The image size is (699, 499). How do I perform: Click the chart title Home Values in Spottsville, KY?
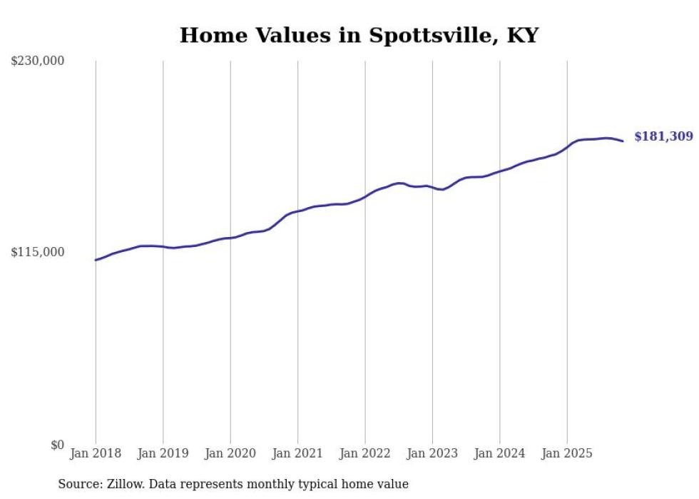[x=359, y=35]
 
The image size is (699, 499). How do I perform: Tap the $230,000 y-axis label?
[x=38, y=61]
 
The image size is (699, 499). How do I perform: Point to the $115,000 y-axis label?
[x=38, y=252]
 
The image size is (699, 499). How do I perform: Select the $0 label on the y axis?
[x=57, y=445]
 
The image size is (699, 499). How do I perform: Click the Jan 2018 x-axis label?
[x=96, y=453]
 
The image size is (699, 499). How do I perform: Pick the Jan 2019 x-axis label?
[x=163, y=453]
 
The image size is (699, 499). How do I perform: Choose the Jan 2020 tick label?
[x=230, y=453]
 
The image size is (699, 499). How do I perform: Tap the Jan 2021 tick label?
[x=297, y=453]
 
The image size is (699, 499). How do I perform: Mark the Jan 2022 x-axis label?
[x=365, y=453]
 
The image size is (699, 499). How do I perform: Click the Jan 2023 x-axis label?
[x=432, y=453]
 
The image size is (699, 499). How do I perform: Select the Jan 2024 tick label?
[x=500, y=453]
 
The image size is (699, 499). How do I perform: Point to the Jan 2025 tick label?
[x=567, y=453]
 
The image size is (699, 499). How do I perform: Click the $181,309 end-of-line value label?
[x=663, y=136]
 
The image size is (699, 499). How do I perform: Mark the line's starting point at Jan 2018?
[x=96, y=260]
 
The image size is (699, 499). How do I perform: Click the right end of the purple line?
[x=623, y=141]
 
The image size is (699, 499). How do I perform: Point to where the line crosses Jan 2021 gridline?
[x=298, y=211]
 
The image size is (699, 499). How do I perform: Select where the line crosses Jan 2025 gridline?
[x=567, y=147]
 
